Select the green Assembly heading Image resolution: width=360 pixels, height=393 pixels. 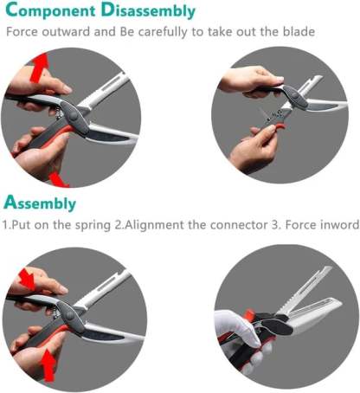click(x=41, y=204)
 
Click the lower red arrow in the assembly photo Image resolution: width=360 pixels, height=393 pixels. click(x=48, y=364)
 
